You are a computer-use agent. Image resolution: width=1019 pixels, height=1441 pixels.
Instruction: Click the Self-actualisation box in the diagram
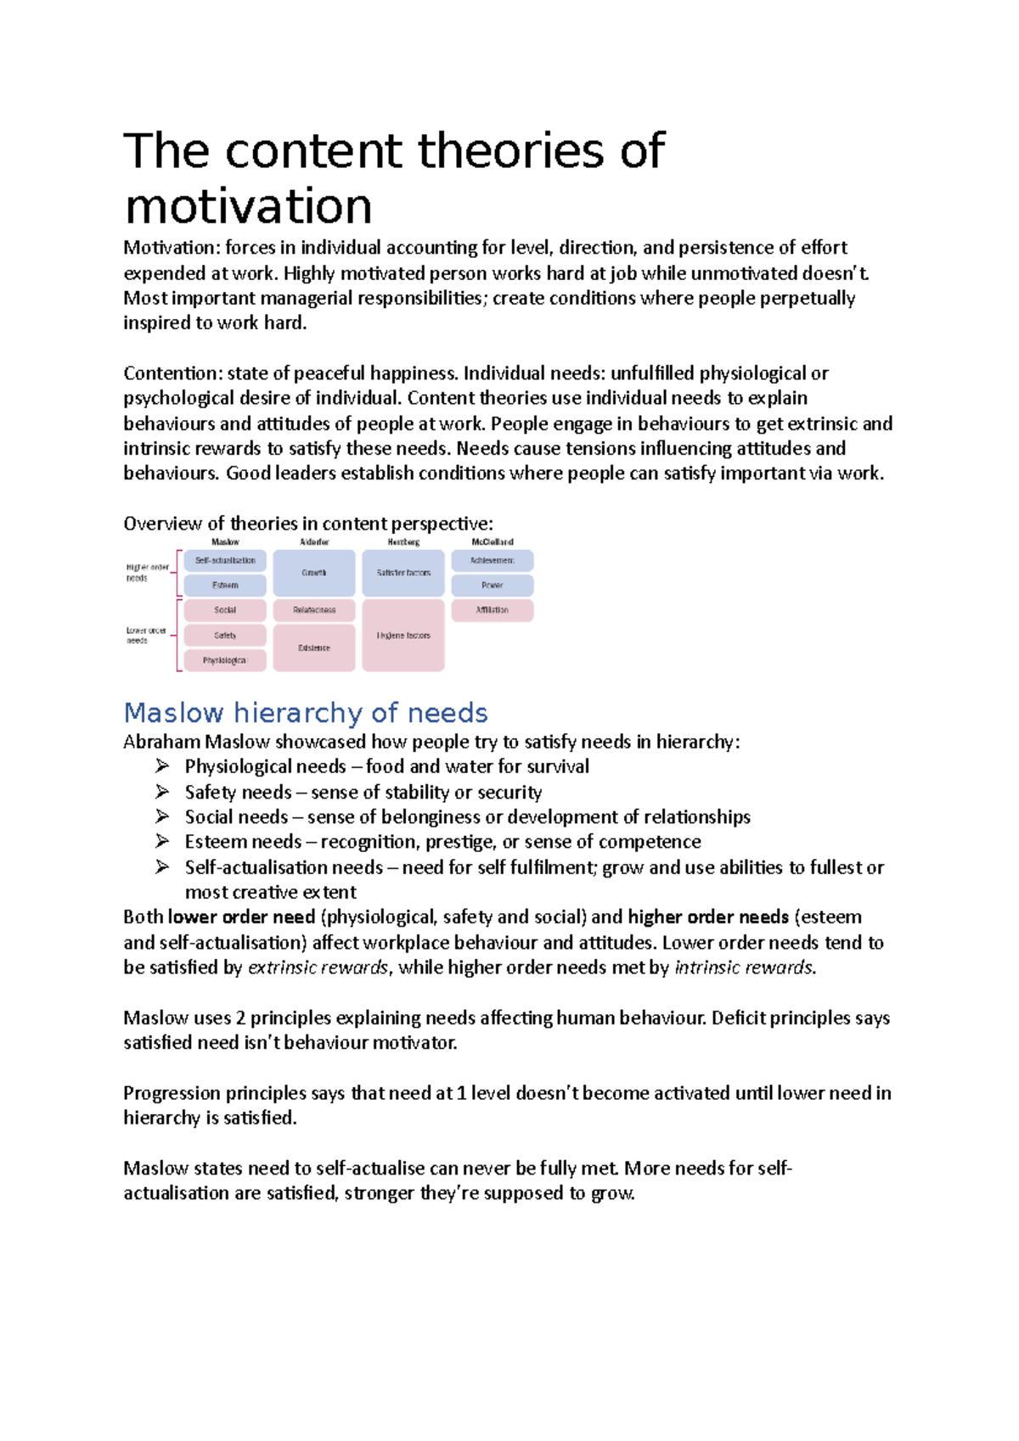[225, 561]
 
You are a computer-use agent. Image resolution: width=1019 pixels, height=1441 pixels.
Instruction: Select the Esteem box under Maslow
[225, 586]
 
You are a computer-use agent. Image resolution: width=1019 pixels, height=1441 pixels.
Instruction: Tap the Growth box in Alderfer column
[314, 573]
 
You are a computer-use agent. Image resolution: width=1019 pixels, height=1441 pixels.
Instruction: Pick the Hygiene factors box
[403, 636]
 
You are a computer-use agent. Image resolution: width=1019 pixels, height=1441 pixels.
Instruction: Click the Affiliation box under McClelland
[493, 610]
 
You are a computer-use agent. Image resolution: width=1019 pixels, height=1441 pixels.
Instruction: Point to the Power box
[493, 586]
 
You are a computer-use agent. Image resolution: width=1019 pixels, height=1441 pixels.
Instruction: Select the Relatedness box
[314, 610]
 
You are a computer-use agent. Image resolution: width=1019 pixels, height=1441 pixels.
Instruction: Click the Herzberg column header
[403, 541]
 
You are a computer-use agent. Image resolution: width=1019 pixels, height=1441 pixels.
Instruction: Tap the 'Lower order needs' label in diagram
[146, 636]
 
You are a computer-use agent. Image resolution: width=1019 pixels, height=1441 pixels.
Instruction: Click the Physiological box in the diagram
[225, 660]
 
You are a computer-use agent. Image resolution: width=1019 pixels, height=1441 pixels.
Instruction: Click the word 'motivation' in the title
[248, 206]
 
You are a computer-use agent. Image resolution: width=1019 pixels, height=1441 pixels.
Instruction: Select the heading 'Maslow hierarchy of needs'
[306, 712]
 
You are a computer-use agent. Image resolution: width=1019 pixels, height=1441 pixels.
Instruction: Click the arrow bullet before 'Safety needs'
[162, 792]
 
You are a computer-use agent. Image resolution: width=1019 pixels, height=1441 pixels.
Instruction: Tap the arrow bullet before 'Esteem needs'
[162, 842]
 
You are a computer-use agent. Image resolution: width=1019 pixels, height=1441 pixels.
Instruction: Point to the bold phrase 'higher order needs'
[708, 917]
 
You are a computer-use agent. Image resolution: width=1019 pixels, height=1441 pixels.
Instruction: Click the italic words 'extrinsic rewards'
[318, 967]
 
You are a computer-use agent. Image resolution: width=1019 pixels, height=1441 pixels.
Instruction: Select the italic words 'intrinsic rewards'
[744, 967]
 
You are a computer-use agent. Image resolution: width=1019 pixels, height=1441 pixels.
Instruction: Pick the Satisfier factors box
[403, 573]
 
